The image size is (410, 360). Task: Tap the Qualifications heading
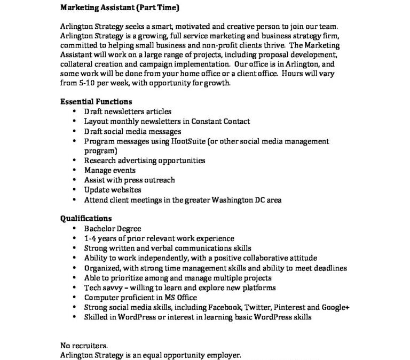[85, 219]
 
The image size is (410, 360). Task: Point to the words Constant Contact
[223, 122]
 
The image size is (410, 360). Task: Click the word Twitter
[260, 307]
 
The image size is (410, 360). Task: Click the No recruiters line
[83, 345]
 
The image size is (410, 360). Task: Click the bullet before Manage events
[74, 171]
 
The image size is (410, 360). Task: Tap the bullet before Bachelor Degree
[74, 229]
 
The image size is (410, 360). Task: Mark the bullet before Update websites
[74, 190]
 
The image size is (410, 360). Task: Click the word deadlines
[328, 268]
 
